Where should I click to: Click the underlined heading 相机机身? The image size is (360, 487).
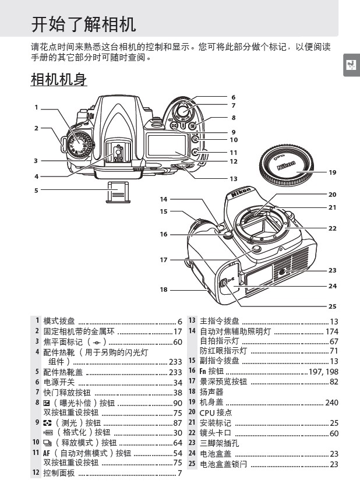(59, 80)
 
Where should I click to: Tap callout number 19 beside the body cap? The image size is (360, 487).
(333, 172)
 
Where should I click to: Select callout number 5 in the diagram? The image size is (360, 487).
(36, 190)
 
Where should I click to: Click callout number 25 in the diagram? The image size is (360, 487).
(333, 306)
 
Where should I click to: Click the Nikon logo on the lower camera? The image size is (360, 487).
(241, 193)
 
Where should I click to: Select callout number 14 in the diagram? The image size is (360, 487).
(164, 199)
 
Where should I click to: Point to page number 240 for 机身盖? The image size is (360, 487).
(331, 403)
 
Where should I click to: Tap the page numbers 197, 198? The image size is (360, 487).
(324, 371)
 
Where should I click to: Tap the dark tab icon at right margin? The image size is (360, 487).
(351, 65)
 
